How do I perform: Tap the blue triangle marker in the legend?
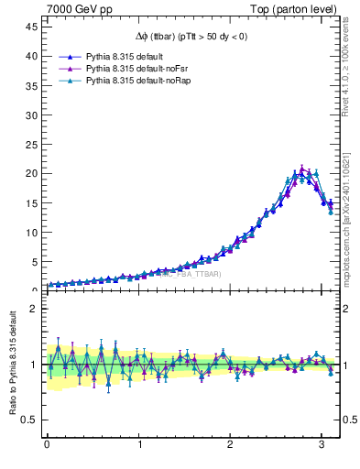click(x=69, y=56)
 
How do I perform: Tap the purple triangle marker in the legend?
click(x=69, y=69)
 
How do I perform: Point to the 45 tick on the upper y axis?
click(x=30, y=27)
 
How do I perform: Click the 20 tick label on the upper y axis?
click(x=30, y=173)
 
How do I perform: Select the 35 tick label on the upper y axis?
click(x=30, y=85)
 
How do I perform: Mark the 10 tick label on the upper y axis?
click(x=30, y=232)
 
